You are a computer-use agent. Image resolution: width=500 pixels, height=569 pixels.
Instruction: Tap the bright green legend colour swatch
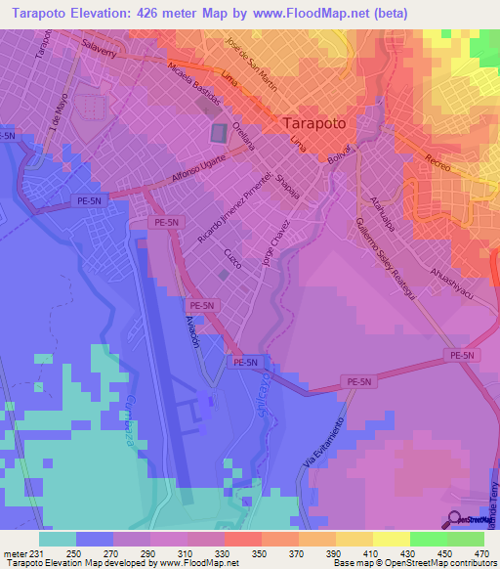pyautogui.click(x=428, y=538)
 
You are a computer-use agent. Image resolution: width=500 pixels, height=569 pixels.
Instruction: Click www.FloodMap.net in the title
pyautogui.click(x=310, y=13)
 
